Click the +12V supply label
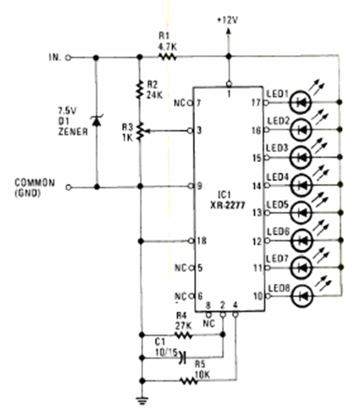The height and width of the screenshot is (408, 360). tap(227, 19)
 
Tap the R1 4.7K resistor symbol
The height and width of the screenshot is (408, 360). tap(167, 57)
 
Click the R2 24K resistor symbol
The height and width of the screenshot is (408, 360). tap(140, 89)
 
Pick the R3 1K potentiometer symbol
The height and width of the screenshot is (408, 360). tap(140, 130)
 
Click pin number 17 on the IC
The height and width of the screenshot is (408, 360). tap(256, 102)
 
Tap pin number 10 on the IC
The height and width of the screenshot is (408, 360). tap(256, 294)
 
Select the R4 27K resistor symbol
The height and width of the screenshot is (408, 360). tap(184, 335)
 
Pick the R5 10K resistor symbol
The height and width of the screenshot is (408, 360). tap(189, 381)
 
